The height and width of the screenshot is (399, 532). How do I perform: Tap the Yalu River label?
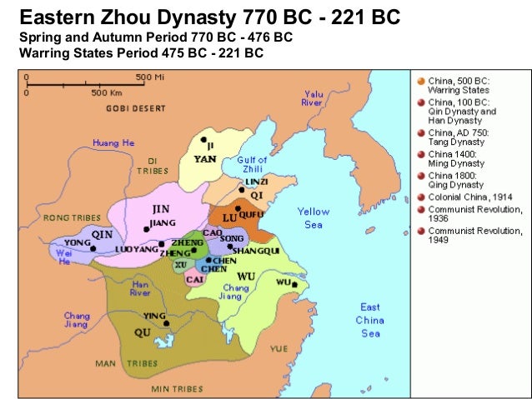tap(314, 98)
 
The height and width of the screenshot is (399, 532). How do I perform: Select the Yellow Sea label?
tap(314, 217)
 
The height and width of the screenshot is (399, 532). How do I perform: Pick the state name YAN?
tap(205, 157)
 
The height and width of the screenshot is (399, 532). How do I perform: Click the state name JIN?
tap(163, 208)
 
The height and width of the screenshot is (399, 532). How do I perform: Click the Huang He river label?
tap(113, 142)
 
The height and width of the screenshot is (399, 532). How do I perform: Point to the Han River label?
tap(140, 287)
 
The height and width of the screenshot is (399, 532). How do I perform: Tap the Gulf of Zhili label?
tap(252, 164)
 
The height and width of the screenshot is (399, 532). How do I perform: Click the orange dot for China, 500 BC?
tap(419, 81)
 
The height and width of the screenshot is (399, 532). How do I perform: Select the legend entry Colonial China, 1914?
tap(470, 197)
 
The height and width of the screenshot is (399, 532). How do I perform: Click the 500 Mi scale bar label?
tap(143, 77)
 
